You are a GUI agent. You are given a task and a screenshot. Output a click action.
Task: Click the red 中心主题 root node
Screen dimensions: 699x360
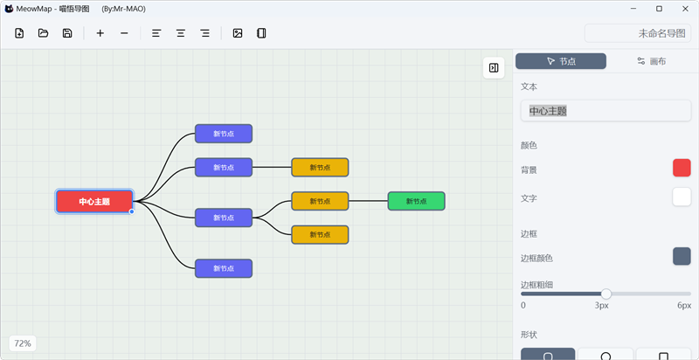tap(94, 201)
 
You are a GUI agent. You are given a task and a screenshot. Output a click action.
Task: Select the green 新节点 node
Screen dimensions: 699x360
tap(417, 201)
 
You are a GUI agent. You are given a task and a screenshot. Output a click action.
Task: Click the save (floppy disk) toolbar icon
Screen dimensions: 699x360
tap(67, 33)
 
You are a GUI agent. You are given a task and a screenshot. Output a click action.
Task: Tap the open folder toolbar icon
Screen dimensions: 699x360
tap(43, 33)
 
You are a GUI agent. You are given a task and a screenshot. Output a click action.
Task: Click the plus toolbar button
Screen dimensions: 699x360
tap(100, 33)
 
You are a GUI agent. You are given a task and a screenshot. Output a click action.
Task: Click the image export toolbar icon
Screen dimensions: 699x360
tap(238, 33)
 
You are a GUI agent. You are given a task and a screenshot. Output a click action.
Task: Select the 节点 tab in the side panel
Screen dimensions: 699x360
tap(561, 61)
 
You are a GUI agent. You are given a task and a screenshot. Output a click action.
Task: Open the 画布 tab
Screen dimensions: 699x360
tap(651, 61)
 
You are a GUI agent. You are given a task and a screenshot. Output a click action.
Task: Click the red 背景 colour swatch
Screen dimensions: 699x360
tap(682, 168)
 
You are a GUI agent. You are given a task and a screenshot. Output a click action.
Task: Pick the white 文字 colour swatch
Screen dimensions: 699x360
tap(682, 197)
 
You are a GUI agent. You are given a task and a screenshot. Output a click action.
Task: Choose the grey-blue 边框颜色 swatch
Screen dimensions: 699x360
tap(682, 256)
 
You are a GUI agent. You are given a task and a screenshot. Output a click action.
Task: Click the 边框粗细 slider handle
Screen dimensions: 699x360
tap(606, 294)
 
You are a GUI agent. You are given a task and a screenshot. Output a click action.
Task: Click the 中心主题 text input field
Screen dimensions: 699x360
tap(606, 111)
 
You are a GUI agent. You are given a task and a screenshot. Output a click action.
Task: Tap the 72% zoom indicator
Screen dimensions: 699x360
tap(23, 343)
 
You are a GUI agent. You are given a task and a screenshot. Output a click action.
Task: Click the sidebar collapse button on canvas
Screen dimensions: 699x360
tap(494, 68)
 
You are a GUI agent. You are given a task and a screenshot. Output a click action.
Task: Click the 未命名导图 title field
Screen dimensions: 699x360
tap(638, 33)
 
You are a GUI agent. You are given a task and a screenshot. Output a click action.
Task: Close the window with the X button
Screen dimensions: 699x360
tap(685, 9)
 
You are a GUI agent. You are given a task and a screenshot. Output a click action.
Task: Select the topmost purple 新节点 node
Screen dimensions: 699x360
tap(224, 134)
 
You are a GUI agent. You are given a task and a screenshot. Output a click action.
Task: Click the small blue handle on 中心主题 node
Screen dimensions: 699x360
tap(132, 211)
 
